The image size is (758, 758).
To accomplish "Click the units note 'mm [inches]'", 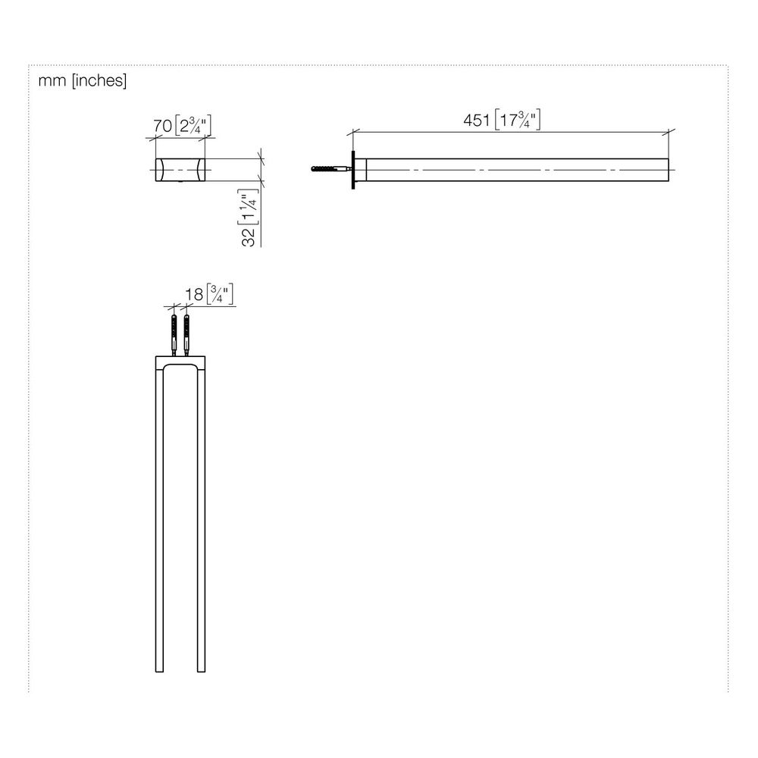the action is [x=83, y=80].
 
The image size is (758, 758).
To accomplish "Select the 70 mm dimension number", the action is [x=163, y=126].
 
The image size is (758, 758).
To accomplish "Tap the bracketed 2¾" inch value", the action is [x=193, y=126].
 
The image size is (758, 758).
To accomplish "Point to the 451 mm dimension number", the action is [x=477, y=120].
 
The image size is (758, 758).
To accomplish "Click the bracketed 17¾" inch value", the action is [x=518, y=120].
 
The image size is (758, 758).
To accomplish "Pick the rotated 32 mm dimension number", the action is [x=249, y=236].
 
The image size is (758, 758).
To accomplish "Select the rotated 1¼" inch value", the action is [x=249, y=207].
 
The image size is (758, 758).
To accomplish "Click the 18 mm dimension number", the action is [x=194, y=294].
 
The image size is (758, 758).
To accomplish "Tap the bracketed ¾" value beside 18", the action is [x=220, y=294].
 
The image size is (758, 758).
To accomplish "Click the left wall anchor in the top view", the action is [x=174, y=335].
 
